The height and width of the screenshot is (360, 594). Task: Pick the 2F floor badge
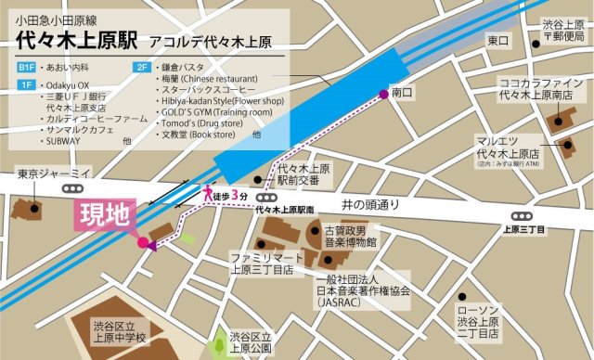coord(142,69)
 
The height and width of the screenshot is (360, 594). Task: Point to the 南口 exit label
coord(401,94)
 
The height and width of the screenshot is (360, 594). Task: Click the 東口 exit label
coord(497,41)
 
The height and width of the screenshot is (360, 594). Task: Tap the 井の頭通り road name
coord(369,203)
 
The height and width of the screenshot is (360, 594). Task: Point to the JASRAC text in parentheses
coord(343,302)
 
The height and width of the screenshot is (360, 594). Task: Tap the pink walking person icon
coord(209,195)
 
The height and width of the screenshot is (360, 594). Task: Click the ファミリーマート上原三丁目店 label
coord(263,264)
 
